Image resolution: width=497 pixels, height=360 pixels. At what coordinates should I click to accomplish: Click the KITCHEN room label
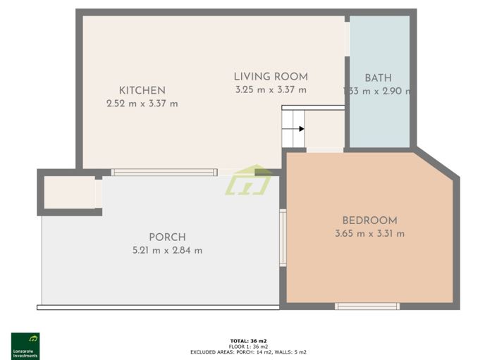coord(142,90)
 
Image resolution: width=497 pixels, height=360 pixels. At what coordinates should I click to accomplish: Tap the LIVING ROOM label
coord(271,76)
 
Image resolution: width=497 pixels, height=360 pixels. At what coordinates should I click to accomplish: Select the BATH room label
coord(378,78)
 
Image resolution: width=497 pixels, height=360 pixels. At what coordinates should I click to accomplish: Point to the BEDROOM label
coord(369,221)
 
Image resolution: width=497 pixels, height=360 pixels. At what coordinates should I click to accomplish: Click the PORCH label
coord(167,237)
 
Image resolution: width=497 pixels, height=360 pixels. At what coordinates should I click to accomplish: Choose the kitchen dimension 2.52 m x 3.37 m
coord(142,104)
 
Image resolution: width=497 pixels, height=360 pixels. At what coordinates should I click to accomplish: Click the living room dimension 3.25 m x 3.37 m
coord(271,89)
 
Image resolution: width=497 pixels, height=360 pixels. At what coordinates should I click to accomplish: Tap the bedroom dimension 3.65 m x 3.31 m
coord(369,234)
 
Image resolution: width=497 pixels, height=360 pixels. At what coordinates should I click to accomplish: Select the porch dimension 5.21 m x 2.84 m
coord(167,251)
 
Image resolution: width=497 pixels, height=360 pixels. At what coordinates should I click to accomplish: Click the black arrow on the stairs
coord(301,129)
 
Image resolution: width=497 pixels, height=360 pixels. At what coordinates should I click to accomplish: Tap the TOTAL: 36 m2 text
coord(248,341)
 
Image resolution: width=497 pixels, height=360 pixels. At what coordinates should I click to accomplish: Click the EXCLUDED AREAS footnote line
coord(248,352)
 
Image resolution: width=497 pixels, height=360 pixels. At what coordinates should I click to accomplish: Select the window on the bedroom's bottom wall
coord(367,306)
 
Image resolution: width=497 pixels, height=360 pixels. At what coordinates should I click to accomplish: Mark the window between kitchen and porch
coord(164,172)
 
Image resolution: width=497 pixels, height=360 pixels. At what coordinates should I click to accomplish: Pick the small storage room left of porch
coord(69,192)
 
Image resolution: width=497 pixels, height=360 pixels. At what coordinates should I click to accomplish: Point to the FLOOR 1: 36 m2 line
coord(248,347)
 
